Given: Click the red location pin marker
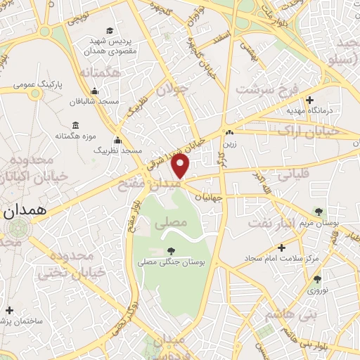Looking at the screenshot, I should tap(181, 166).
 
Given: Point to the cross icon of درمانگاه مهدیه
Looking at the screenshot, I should tap(309, 100).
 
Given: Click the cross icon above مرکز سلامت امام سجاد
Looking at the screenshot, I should tap(281, 247).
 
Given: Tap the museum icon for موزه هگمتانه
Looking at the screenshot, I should tap(75, 124).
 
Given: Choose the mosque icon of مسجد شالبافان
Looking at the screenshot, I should tap(94, 91).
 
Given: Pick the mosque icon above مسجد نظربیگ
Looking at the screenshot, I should tap(117, 140).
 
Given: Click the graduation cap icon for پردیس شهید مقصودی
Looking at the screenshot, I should tap(109, 30).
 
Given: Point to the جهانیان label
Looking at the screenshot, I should tap(207, 198).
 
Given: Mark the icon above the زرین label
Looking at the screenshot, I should tap(229, 132).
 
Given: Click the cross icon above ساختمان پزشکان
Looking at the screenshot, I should tap(9, 310).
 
